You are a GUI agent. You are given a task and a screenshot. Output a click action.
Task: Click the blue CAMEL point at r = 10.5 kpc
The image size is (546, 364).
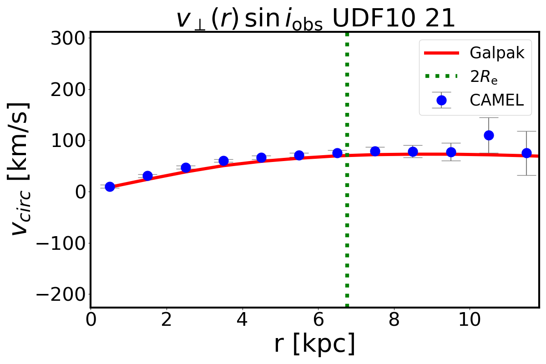point(489,135)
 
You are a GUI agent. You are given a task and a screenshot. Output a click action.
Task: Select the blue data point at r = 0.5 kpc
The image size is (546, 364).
point(110,187)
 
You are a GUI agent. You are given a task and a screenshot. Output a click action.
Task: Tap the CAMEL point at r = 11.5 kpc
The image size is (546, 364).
point(526,153)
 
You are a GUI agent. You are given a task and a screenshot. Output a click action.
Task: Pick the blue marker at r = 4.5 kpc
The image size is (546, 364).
point(261,157)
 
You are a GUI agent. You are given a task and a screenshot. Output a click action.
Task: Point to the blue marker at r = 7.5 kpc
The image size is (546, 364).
point(375,151)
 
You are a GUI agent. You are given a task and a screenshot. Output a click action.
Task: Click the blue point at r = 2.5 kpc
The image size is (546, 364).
point(186,167)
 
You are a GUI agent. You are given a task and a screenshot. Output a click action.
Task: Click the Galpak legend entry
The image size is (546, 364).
point(497,53)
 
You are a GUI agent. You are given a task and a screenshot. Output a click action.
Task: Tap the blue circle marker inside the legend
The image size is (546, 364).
point(441,100)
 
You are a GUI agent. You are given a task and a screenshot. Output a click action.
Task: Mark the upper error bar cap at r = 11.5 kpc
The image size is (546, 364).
point(526,131)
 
